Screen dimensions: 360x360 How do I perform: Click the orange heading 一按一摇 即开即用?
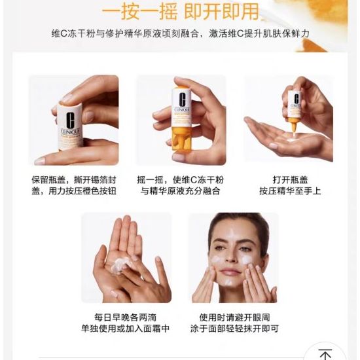click(x=180, y=12)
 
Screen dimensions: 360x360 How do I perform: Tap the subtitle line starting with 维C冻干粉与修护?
click(x=180, y=34)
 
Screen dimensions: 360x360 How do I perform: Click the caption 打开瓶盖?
click(x=290, y=180)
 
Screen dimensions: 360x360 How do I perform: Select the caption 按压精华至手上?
click(x=290, y=190)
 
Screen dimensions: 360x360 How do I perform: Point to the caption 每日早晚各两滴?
click(x=126, y=317)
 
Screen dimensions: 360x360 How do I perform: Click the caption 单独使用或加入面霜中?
click(x=126, y=329)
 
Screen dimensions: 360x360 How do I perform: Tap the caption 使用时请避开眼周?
click(x=234, y=317)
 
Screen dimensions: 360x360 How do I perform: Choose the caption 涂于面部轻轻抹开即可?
click(x=234, y=329)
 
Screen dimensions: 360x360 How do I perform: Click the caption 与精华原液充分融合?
click(x=180, y=190)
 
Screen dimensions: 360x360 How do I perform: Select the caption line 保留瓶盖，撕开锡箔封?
click(x=74, y=180)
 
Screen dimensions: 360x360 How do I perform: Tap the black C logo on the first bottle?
click(x=70, y=120)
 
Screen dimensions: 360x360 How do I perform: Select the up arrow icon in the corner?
click(x=325, y=355)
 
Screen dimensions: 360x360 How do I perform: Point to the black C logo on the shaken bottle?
click(x=182, y=99)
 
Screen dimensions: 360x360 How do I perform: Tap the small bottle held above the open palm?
click(x=295, y=110)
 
